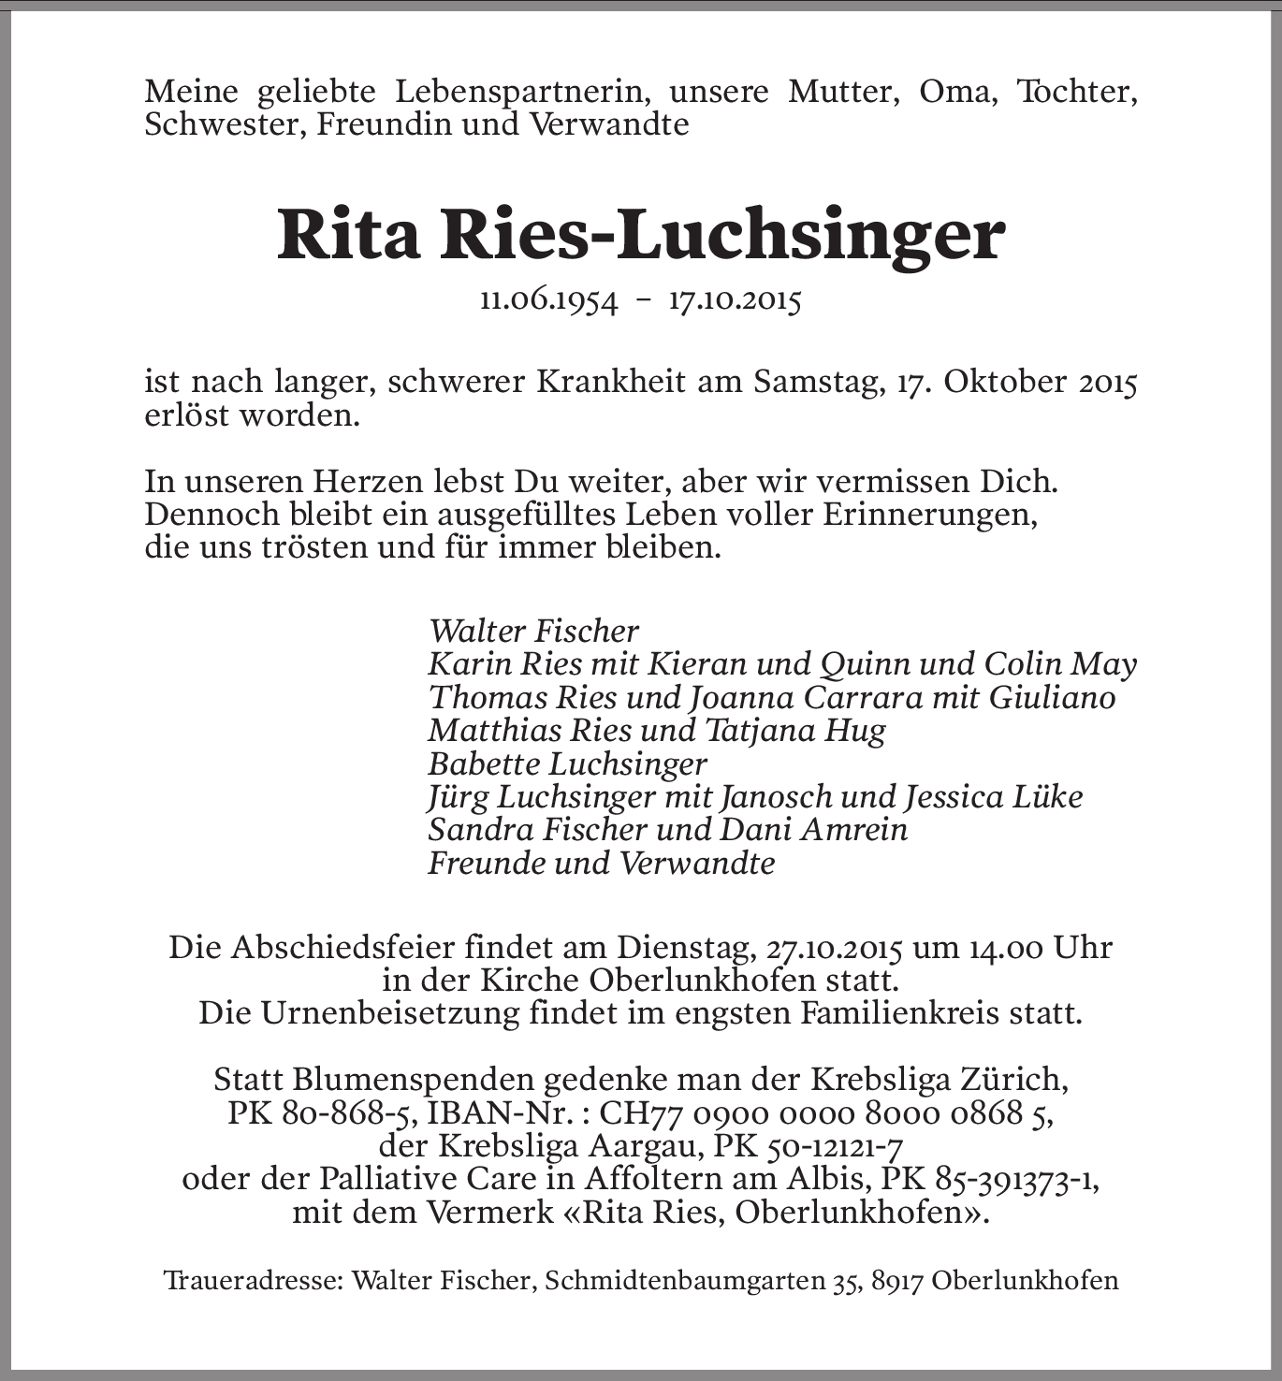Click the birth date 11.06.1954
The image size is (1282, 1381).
point(548,300)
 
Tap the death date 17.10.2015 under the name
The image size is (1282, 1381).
point(735,300)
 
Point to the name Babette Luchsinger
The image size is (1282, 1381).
point(567,763)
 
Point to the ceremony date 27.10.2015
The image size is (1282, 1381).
point(835,948)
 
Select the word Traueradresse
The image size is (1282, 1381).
point(253,1280)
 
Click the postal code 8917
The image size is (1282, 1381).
point(896,1280)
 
